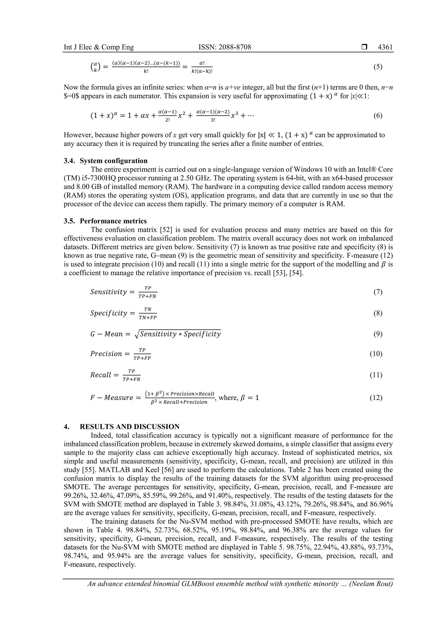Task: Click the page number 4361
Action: click(385, 47)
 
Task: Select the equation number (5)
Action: click(378, 67)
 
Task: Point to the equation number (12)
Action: click(376, 397)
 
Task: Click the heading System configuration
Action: click(113, 160)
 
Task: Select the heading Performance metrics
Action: click(113, 221)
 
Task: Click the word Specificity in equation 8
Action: click(108, 313)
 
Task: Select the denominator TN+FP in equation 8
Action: click(148, 318)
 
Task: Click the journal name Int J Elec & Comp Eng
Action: click(99, 47)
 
